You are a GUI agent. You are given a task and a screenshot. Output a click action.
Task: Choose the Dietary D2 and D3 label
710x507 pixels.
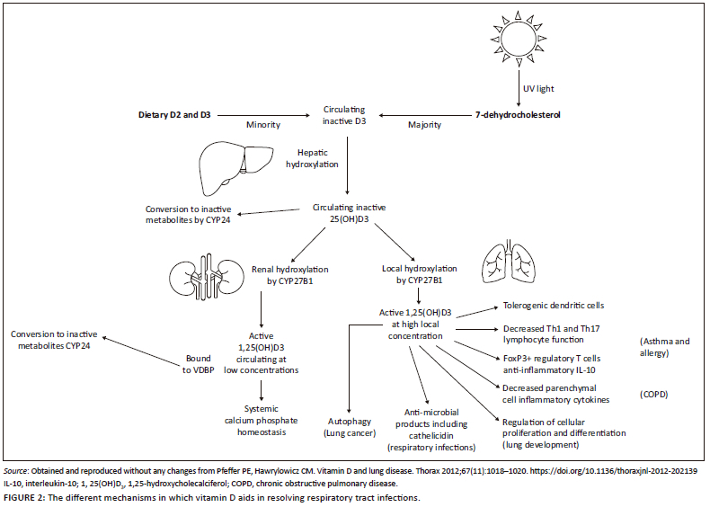[175, 115]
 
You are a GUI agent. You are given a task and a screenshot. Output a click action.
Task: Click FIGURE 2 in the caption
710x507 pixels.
[26, 497]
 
